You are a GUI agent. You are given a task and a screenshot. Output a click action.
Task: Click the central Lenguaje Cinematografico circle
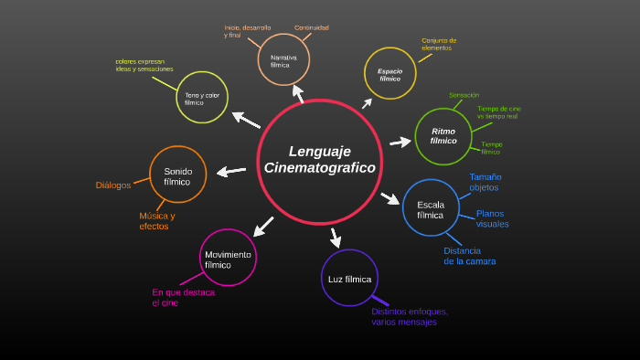click(319, 160)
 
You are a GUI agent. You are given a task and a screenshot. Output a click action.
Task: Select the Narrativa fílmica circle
click(283, 59)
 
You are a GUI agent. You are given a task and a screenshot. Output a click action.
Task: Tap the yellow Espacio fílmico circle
click(390, 74)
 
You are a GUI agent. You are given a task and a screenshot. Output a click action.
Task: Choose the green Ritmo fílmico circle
click(443, 136)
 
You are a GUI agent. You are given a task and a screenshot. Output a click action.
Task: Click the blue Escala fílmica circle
click(431, 208)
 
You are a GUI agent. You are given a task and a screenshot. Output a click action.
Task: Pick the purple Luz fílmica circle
click(349, 278)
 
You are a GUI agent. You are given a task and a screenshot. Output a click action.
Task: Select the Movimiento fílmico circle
click(228, 258)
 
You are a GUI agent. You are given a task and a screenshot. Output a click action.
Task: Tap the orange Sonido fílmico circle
click(177, 175)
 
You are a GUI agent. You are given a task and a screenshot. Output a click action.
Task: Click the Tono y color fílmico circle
click(202, 98)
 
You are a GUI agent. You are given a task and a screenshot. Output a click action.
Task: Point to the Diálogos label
click(113, 185)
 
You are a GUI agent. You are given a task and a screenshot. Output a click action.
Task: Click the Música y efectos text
click(156, 221)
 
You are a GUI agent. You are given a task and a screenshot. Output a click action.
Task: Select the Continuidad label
click(312, 27)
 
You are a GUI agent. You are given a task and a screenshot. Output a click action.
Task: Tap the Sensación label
click(464, 95)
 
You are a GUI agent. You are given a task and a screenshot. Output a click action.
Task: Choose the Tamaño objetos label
click(485, 182)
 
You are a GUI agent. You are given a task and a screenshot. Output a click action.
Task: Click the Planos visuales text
click(492, 218)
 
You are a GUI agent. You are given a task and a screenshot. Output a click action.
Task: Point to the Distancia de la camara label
click(469, 256)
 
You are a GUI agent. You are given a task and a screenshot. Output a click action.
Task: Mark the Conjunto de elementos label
click(438, 44)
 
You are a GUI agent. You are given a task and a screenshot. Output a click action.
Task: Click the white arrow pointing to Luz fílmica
click(336, 238)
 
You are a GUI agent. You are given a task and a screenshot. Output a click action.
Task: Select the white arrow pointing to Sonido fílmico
click(231, 171)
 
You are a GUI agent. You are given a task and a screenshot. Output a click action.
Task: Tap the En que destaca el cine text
click(183, 297)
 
